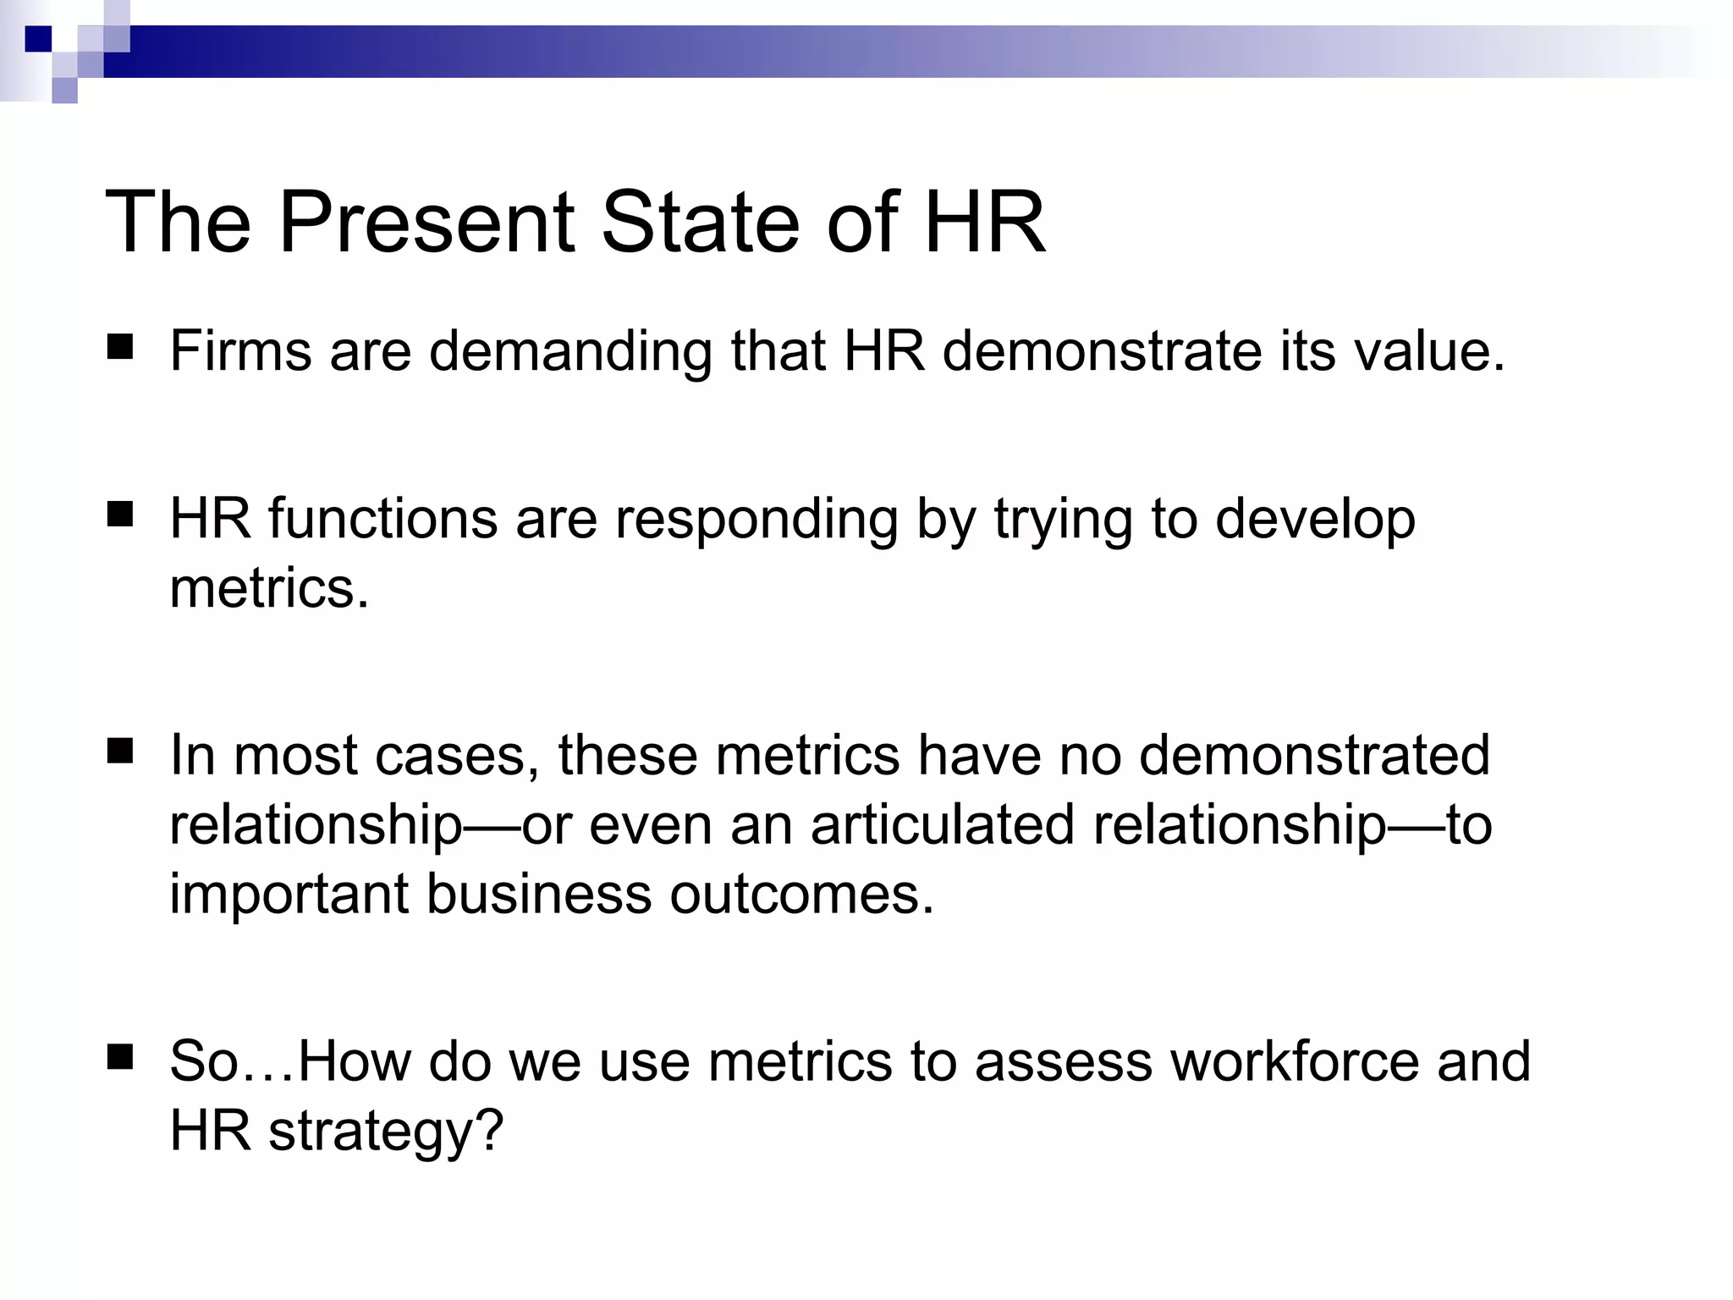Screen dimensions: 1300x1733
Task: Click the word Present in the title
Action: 427,222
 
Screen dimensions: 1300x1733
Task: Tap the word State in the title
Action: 700,222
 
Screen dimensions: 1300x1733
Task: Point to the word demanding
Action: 570,352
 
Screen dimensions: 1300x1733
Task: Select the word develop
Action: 1315,520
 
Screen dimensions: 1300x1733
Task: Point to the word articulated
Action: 943,824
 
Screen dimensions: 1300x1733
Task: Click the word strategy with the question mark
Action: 386,1131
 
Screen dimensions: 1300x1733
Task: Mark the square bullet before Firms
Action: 120,348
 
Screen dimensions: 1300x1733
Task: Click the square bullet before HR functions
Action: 120,515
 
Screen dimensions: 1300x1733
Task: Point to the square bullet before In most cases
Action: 120,751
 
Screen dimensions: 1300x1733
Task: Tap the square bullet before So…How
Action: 120,1057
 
